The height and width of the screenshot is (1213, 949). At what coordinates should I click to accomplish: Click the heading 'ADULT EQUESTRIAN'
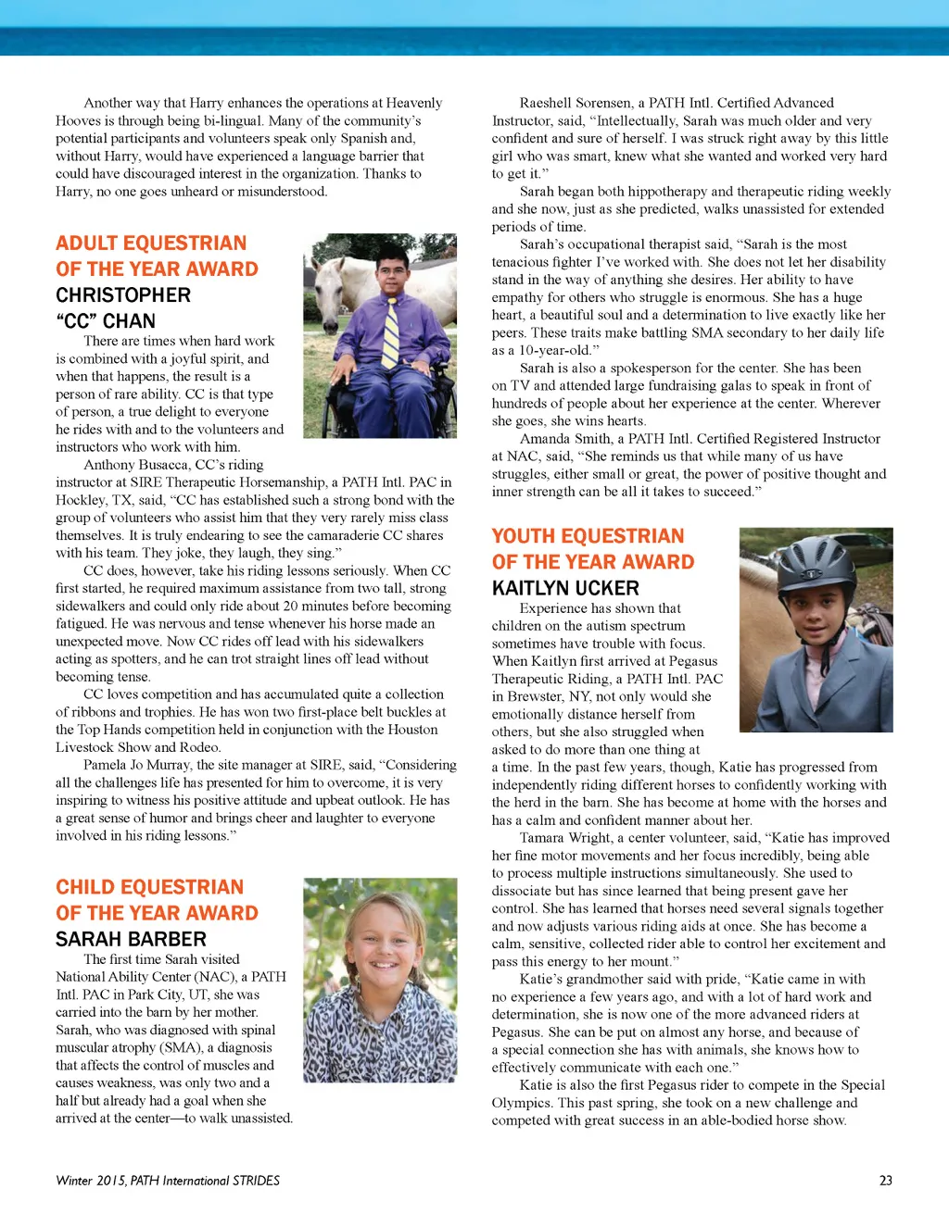point(151,244)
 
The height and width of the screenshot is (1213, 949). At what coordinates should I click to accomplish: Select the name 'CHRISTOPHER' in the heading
point(123,295)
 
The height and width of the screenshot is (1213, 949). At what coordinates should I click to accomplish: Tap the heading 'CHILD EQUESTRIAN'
point(149,887)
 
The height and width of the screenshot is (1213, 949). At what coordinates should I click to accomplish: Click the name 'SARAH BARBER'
point(131,939)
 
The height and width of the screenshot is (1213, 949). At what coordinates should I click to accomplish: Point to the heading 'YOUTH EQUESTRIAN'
point(588,536)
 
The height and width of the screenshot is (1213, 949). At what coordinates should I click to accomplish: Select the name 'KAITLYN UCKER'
point(565,588)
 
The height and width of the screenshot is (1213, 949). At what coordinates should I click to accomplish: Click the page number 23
point(885,1181)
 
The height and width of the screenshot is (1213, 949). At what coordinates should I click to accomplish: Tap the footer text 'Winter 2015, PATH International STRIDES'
point(168,1181)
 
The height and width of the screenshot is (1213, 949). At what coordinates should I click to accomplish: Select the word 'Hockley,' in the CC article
point(82,500)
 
